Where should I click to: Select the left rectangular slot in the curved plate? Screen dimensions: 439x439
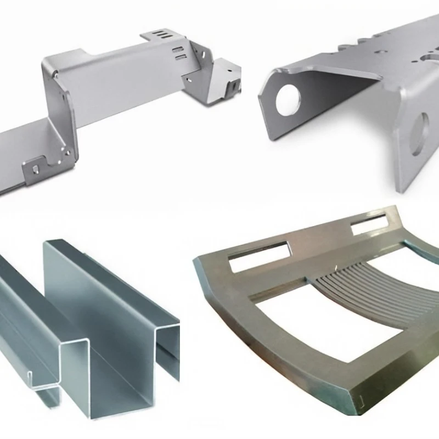pyautogui.click(x=258, y=256)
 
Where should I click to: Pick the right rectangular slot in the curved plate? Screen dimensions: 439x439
pyautogui.click(x=369, y=224)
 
